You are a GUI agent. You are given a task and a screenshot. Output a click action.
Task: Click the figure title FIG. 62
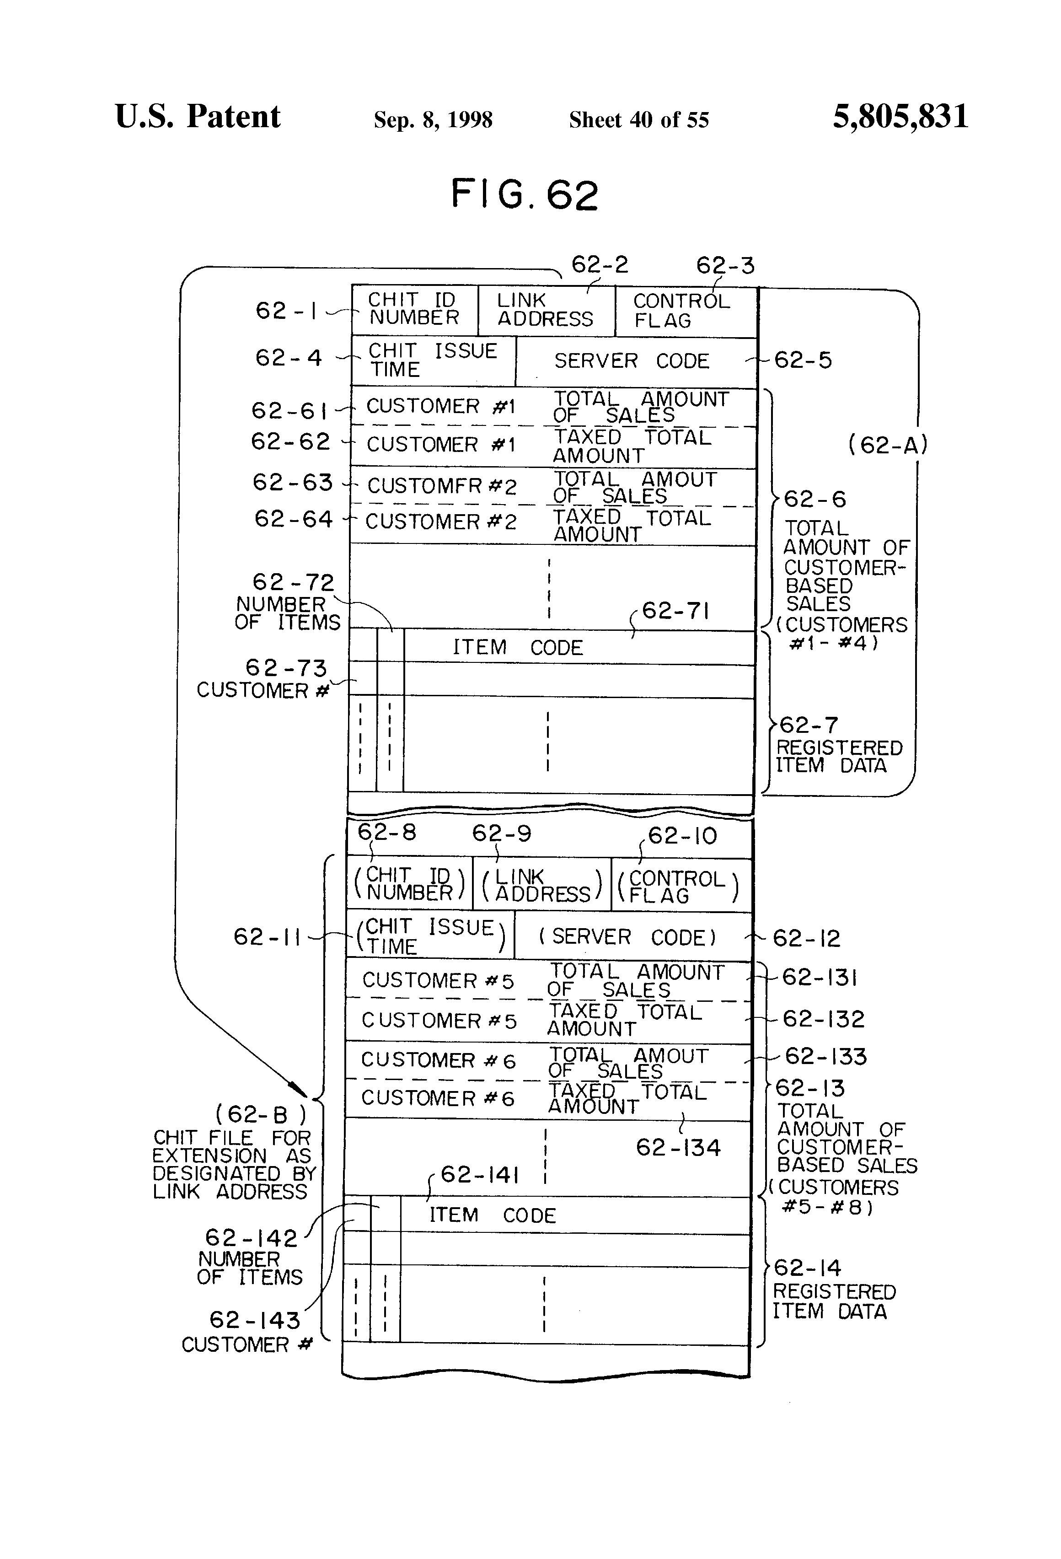[525, 194]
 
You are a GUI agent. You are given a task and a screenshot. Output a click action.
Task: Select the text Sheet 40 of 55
[638, 119]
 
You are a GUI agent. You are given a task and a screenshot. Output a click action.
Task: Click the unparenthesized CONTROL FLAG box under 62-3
[686, 311]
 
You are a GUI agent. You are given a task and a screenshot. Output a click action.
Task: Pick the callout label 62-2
[600, 265]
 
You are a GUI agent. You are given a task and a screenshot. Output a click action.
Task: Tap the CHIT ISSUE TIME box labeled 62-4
[433, 361]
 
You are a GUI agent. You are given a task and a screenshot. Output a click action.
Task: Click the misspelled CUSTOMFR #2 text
[442, 486]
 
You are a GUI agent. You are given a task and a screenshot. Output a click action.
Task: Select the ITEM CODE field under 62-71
[579, 647]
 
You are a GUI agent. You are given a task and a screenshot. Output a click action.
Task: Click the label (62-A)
[887, 444]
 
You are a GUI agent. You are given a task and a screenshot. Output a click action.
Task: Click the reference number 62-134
[678, 1148]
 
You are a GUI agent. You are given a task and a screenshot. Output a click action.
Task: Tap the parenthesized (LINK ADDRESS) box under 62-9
[542, 885]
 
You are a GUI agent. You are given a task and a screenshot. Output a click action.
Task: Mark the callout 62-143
[255, 1320]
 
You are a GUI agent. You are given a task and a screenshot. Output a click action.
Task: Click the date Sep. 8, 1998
[433, 120]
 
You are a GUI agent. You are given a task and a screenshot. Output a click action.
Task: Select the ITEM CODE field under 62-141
[575, 1215]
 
